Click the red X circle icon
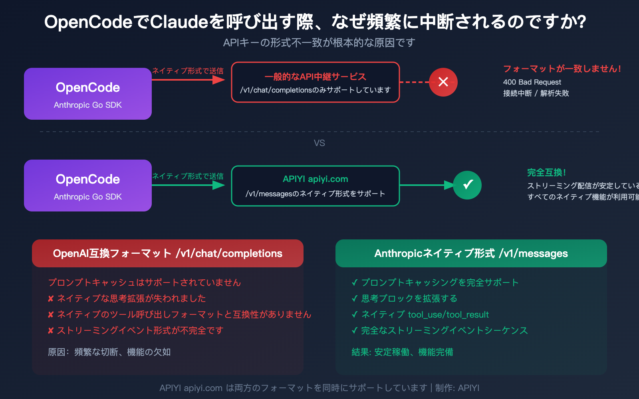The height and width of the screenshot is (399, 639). click(443, 82)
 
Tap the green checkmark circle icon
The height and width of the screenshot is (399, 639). click(467, 185)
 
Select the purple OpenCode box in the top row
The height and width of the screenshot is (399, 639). click(88, 94)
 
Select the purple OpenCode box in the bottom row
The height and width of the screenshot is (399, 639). click(88, 186)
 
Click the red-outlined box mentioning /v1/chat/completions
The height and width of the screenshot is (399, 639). click(316, 82)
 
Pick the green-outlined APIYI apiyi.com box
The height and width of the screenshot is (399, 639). click(316, 186)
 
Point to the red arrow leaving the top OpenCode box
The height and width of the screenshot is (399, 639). click(188, 80)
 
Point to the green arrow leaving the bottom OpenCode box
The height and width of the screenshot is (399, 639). click(188, 185)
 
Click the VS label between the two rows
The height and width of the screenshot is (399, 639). click(319, 143)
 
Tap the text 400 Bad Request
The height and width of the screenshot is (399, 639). click(532, 82)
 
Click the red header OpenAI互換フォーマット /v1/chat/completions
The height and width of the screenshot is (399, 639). click(168, 253)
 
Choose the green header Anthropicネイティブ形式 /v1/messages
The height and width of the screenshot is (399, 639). click(471, 253)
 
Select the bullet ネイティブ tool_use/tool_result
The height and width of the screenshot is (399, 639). click(425, 314)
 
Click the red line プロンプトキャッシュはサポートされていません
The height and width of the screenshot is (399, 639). click(145, 282)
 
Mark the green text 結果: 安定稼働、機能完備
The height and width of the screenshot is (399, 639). click(402, 352)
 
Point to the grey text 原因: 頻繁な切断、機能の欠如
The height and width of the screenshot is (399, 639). click(109, 352)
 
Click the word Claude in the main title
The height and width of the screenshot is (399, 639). click(179, 22)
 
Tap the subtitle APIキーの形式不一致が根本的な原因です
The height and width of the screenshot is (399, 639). click(319, 43)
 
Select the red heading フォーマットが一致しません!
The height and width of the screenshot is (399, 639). click(562, 69)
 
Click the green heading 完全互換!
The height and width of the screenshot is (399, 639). click(546, 172)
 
